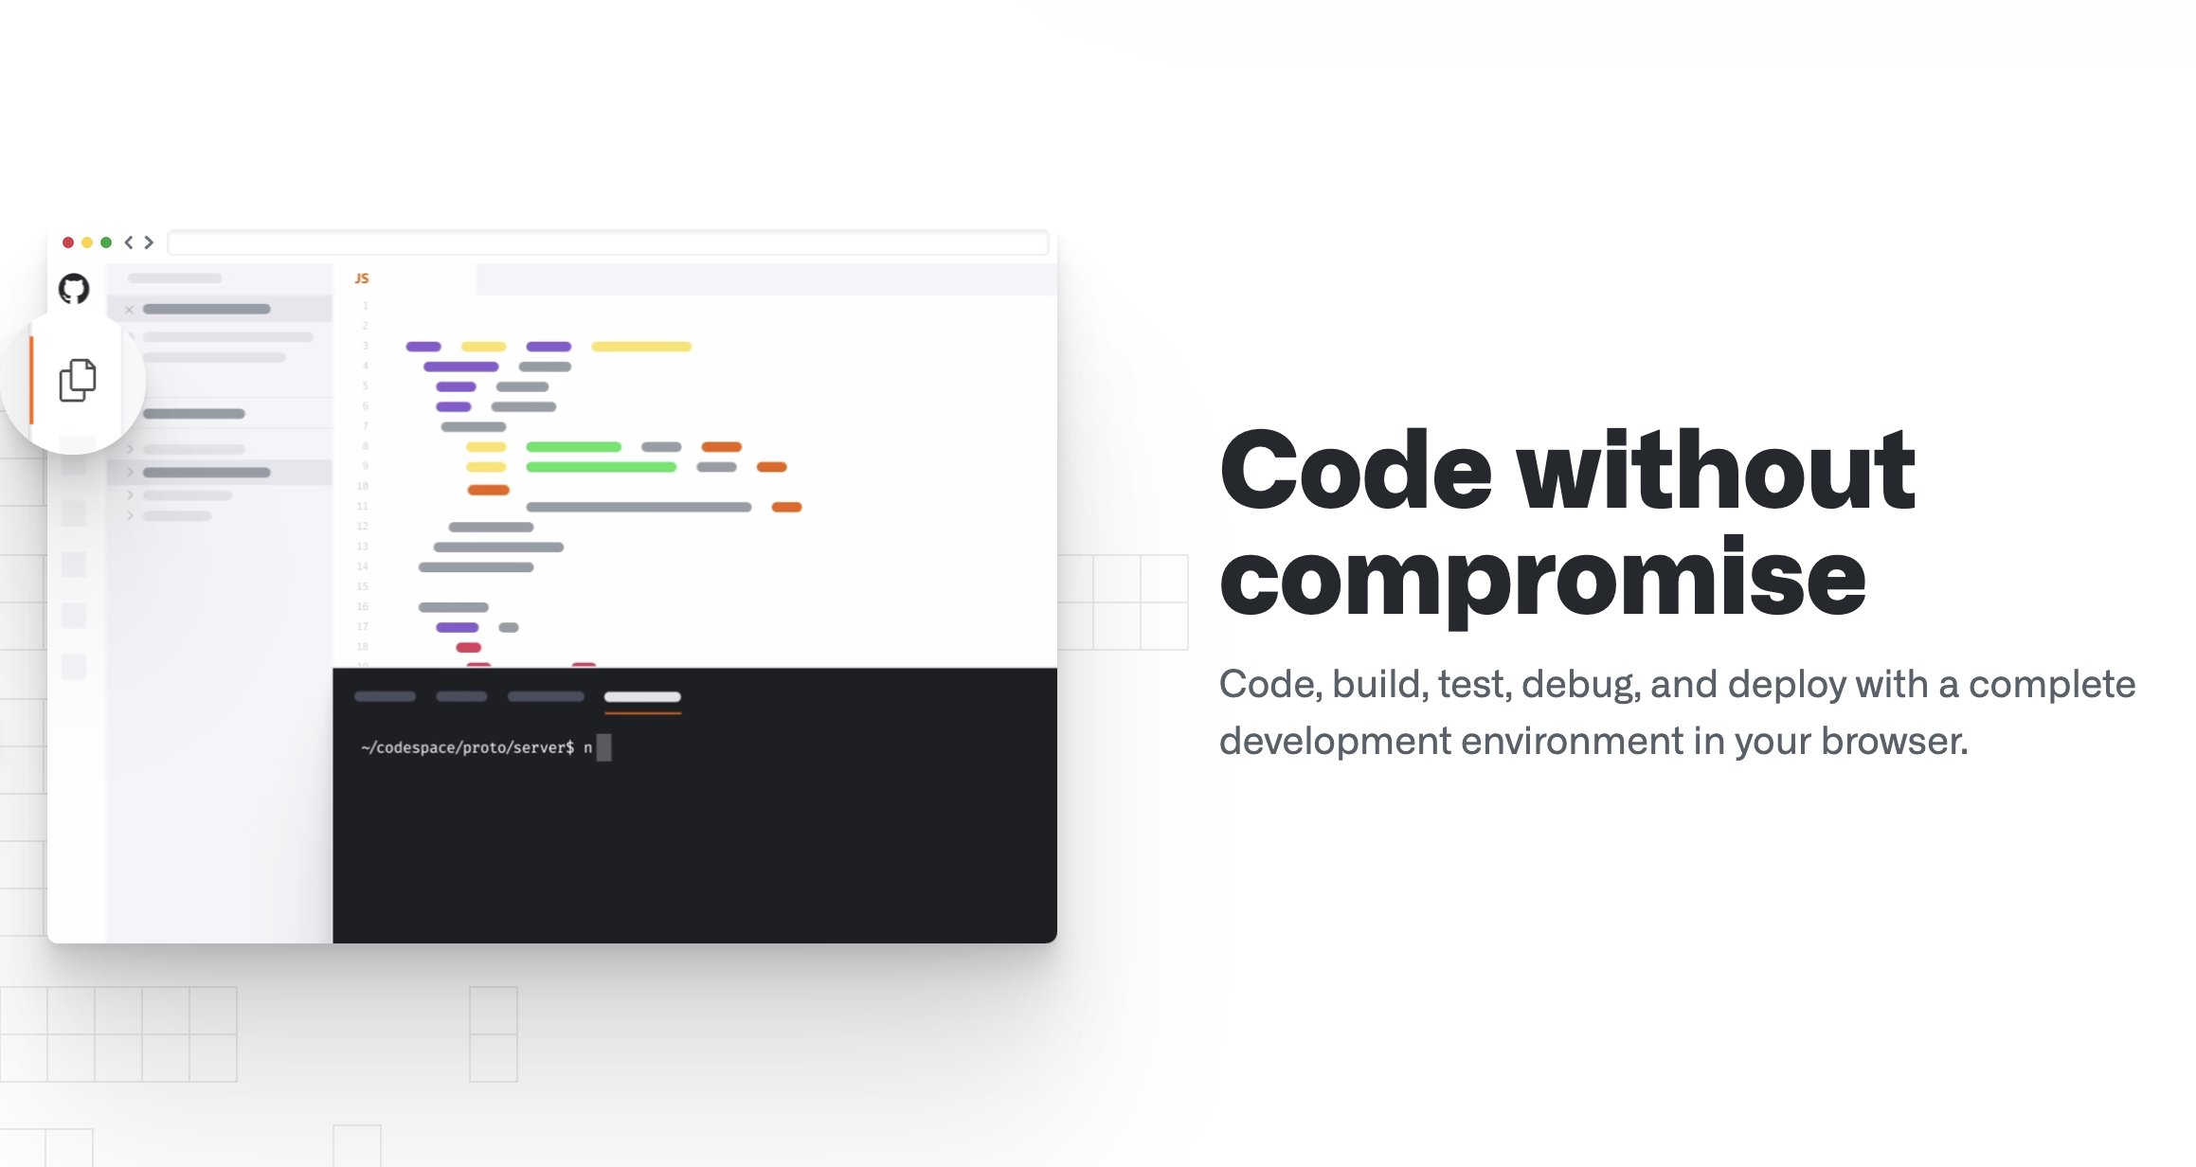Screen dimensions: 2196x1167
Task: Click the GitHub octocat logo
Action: pyautogui.click(x=74, y=289)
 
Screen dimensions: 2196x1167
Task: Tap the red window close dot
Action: pyautogui.click(x=68, y=242)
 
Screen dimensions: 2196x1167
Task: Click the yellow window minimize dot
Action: pyautogui.click(x=87, y=242)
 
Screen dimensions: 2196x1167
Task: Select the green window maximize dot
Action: pyautogui.click(x=106, y=242)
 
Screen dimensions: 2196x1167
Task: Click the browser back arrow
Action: pyautogui.click(x=129, y=242)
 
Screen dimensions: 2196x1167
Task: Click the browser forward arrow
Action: pyautogui.click(x=149, y=242)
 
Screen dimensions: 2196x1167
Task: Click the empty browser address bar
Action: pyautogui.click(x=608, y=242)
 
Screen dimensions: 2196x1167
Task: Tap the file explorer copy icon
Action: pyautogui.click(x=78, y=380)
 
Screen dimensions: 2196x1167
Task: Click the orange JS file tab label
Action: pyautogui.click(x=362, y=278)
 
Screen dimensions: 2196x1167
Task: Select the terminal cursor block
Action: pyautogui.click(x=603, y=747)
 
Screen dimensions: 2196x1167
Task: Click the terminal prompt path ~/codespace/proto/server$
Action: pyautogui.click(x=467, y=747)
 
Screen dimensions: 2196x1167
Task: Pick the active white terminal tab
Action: pyautogui.click(x=642, y=697)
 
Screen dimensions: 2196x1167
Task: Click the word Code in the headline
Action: pyautogui.click(x=1356, y=470)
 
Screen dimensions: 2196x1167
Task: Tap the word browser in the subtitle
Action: pyautogui.click(x=1894, y=741)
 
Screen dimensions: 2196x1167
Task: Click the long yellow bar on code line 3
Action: pyautogui.click(x=641, y=347)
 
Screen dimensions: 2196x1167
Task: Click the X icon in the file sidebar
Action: pyautogui.click(x=130, y=310)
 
